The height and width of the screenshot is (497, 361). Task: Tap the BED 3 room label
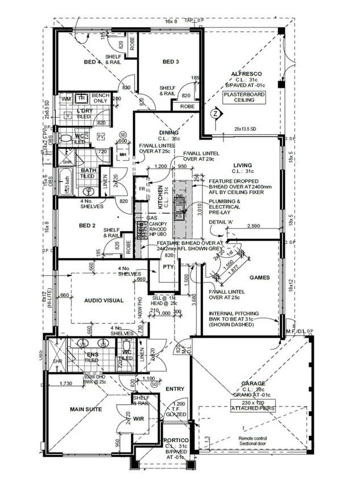click(x=171, y=61)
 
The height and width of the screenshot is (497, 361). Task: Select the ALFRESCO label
click(x=245, y=74)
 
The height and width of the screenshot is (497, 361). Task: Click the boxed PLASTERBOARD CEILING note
click(x=245, y=97)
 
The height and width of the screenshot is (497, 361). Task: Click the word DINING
click(x=169, y=132)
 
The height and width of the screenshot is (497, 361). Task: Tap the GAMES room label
click(x=259, y=278)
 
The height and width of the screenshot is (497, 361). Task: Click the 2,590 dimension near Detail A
click(x=254, y=227)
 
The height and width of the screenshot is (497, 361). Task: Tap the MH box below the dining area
click(x=122, y=154)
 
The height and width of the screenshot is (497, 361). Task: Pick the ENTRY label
click(x=175, y=389)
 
